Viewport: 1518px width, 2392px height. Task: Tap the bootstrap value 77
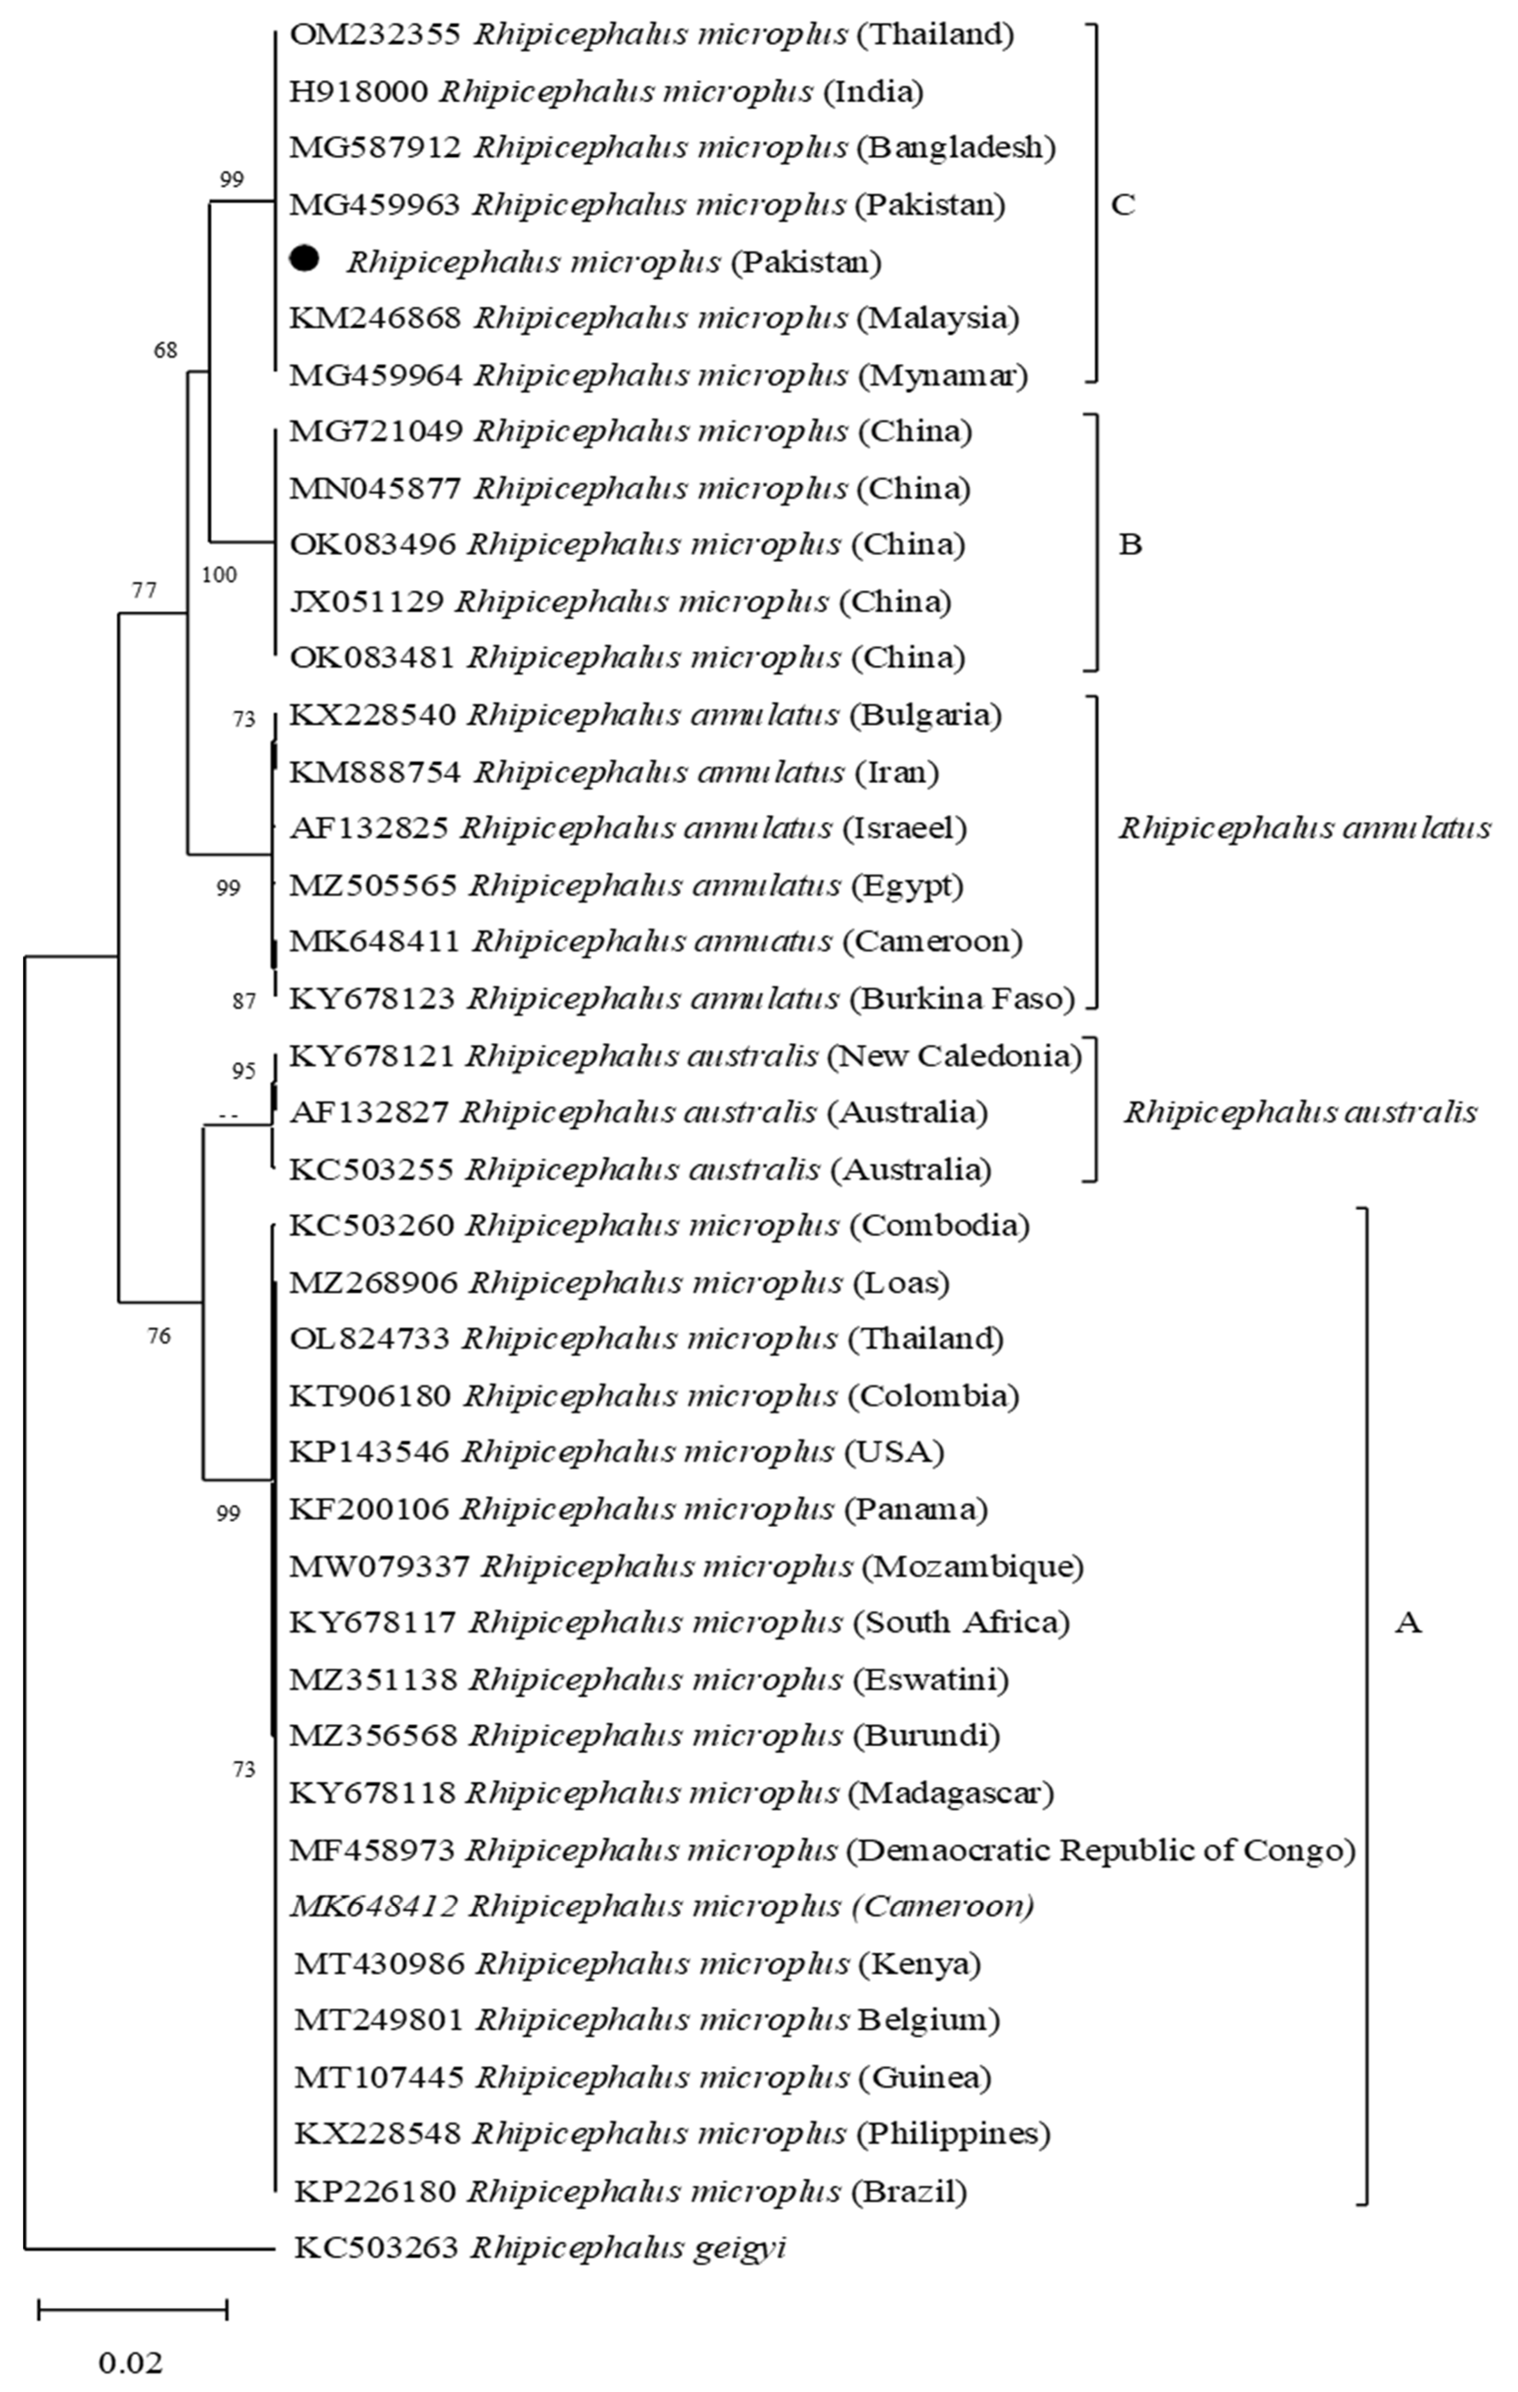pos(144,591)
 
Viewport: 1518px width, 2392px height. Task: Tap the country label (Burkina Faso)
pos(962,998)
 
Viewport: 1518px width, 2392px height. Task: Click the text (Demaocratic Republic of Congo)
pos(1101,1849)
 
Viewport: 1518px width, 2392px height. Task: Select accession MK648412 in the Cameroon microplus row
pos(374,1906)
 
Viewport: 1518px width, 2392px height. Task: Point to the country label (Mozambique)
pos(972,1566)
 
